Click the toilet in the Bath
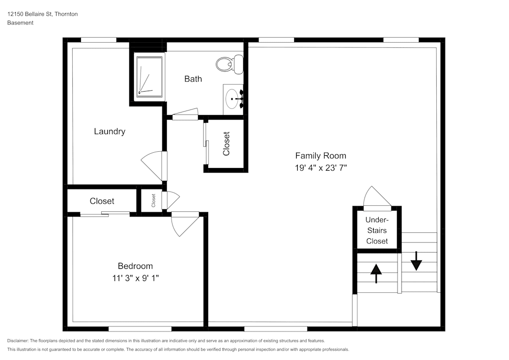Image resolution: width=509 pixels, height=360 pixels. tap(229, 64)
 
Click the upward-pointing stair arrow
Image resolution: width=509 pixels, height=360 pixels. tap(376, 273)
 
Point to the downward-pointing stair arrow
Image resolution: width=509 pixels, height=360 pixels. tap(416, 261)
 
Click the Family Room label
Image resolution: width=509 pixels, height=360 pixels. tap(321, 156)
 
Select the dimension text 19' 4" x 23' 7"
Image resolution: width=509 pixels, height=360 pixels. tap(321, 168)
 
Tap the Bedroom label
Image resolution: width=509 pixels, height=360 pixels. tap(135, 266)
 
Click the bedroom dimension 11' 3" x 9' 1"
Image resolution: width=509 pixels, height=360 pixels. tap(135, 278)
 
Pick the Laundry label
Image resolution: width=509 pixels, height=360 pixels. tap(109, 131)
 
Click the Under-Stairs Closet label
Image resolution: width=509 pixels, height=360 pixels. tap(377, 230)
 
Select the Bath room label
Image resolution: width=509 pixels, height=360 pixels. tap(193, 79)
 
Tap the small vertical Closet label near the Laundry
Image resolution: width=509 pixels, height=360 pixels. tap(153, 201)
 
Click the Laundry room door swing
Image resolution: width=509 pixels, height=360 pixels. tap(152, 166)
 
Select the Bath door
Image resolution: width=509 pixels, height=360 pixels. tap(185, 113)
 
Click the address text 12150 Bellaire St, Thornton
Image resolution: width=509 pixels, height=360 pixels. tap(43, 14)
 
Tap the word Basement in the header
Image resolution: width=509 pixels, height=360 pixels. tap(20, 23)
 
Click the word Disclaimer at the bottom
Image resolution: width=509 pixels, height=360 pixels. tap(18, 341)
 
